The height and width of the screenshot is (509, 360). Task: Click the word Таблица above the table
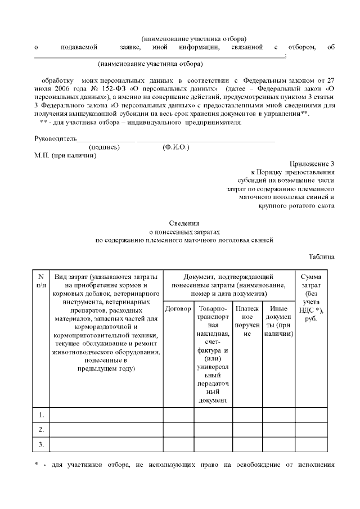click(x=321, y=257)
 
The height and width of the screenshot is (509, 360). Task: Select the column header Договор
click(x=178, y=309)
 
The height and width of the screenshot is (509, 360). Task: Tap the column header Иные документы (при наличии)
click(x=278, y=321)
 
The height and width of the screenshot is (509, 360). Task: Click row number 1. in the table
click(x=41, y=415)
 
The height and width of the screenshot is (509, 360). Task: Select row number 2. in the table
click(x=41, y=430)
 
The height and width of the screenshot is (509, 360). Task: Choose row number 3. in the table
click(x=41, y=444)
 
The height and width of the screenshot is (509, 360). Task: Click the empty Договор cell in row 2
click(x=178, y=430)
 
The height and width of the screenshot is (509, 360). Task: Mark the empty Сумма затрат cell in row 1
click(x=311, y=415)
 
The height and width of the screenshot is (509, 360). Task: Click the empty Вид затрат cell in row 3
click(x=106, y=444)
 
